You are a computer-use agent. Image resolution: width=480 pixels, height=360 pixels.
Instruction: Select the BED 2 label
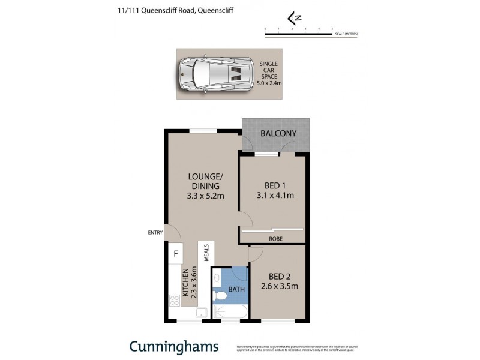[x=280, y=276]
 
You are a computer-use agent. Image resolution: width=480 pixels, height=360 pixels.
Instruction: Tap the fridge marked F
[x=175, y=254]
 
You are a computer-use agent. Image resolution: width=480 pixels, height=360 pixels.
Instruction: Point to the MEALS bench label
[x=205, y=253]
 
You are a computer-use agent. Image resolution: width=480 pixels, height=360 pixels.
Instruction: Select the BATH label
[x=236, y=289]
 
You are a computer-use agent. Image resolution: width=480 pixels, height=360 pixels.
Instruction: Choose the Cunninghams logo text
[x=174, y=347]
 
